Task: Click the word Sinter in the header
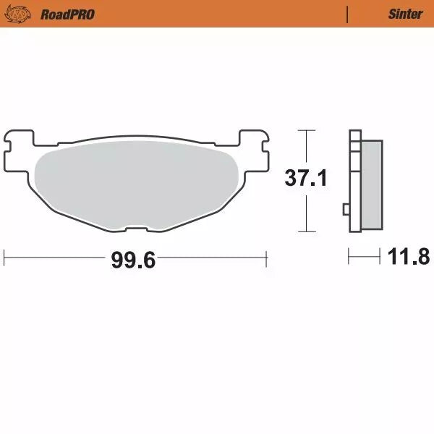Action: [x=405, y=14]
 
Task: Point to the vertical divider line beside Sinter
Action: [x=349, y=14]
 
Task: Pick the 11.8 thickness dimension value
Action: [x=409, y=256]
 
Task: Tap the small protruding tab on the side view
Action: [x=346, y=210]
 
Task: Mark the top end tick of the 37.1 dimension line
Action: [x=307, y=130]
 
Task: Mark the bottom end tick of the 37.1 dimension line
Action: [x=307, y=232]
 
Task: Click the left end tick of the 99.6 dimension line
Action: [x=4, y=256]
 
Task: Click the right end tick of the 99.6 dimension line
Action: [x=268, y=256]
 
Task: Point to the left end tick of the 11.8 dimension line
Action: [x=349, y=256]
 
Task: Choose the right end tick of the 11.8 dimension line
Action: [x=380, y=256]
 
